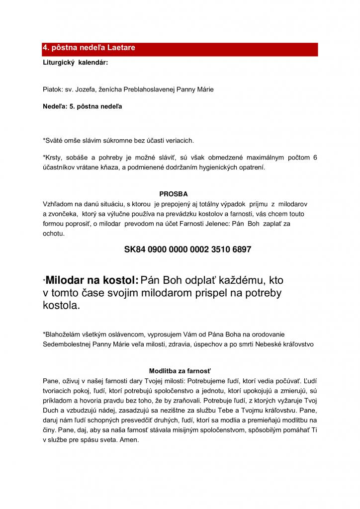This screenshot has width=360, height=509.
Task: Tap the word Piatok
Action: point(53,89)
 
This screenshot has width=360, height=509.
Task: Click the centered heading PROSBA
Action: point(173,194)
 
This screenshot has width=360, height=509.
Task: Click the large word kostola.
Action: point(61,306)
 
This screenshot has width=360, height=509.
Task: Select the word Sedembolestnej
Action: point(66,344)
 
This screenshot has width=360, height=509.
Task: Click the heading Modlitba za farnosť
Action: point(180,371)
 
